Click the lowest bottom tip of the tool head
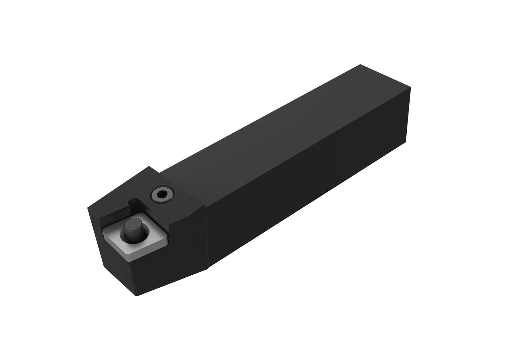point(137,295)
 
